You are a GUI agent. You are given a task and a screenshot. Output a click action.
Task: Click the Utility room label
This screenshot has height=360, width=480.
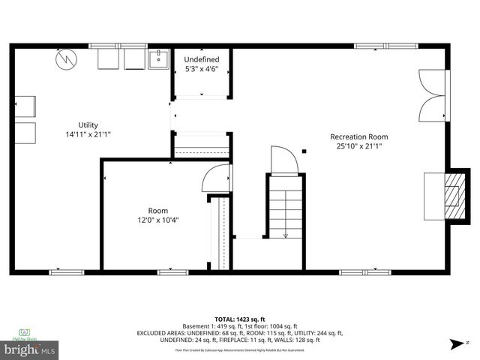(x=88, y=124)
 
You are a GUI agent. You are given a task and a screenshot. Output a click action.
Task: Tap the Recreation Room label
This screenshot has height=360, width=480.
(x=359, y=136)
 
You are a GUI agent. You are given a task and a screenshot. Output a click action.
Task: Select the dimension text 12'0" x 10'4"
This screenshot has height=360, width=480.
(x=157, y=220)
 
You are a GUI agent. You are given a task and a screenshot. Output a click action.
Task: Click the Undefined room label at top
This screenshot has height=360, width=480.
(x=202, y=59)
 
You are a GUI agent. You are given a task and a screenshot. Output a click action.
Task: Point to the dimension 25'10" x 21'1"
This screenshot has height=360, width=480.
(x=359, y=146)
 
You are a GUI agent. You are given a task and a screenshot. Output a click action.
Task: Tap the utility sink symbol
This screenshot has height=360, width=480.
(x=159, y=58)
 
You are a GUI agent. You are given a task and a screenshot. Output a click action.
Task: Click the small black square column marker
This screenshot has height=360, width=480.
(x=304, y=153)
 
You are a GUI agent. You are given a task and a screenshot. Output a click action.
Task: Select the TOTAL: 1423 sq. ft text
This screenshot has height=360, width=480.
(x=239, y=319)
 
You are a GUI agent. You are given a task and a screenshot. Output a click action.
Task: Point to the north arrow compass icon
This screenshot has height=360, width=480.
(x=457, y=343)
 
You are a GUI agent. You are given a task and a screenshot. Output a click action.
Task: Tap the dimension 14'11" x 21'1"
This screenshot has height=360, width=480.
(x=88, y=134)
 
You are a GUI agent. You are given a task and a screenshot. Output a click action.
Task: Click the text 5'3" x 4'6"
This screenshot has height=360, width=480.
(x=202, y=69)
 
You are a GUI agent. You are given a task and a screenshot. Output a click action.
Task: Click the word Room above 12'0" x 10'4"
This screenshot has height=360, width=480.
(x=157, y=210)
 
